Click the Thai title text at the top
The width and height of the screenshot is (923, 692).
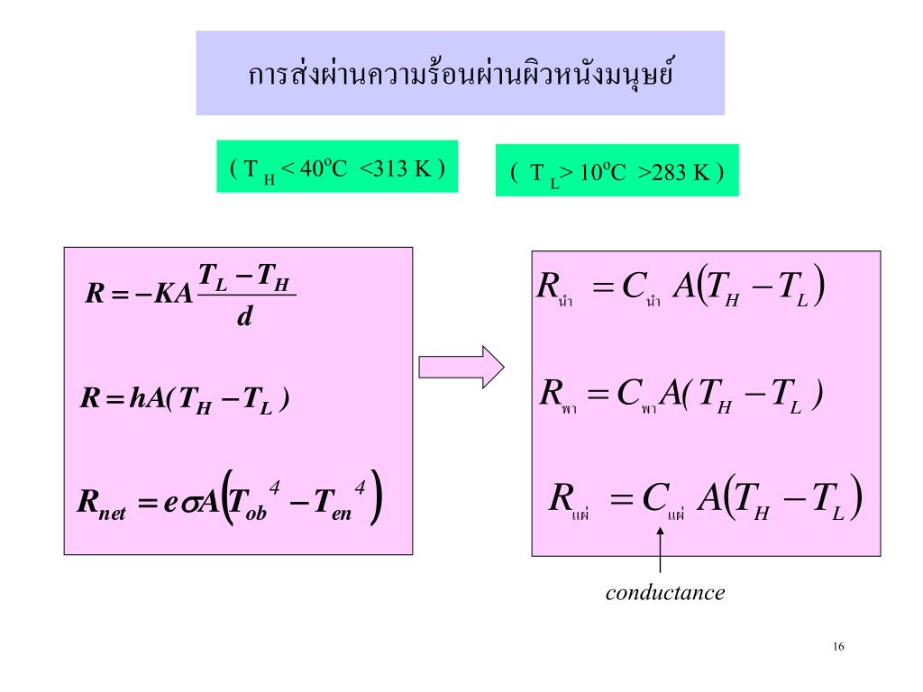(461, 74)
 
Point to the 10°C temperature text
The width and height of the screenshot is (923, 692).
(601, 171)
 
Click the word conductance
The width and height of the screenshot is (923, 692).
(665, 593)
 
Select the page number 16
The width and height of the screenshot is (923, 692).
(838, 647)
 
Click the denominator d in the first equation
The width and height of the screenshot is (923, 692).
(243, 316)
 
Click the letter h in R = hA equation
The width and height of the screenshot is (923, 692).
(136, 399)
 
